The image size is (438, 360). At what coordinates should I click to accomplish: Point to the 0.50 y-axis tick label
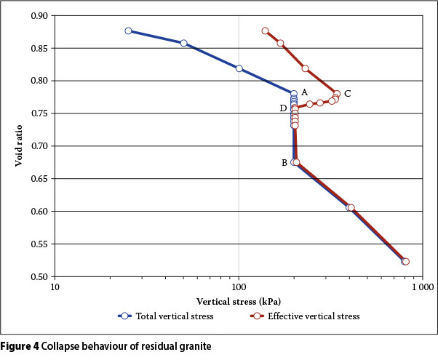click(40, 277)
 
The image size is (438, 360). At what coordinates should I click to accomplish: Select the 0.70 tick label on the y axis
click(40, 146)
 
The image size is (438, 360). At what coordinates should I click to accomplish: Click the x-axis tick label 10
click(55, 287)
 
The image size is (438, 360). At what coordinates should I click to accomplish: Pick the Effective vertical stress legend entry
click(313, 316)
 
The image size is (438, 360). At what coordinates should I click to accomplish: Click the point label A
click(304, 92)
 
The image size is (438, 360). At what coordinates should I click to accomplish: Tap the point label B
click(284, 163)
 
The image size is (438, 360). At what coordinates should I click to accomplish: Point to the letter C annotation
click(348, 93)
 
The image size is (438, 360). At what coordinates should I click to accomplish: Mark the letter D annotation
click(283, 108)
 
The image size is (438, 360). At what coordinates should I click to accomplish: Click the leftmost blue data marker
click(128, 31)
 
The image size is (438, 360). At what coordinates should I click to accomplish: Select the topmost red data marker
click(265, 31)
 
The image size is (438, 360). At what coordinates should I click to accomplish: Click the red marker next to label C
click(336, 94)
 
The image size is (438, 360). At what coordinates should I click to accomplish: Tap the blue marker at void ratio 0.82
click(239, 68)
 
